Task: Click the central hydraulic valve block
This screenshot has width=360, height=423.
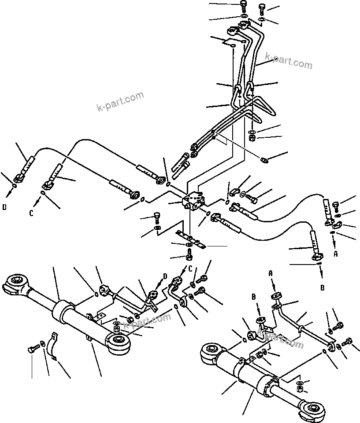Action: (194, 202)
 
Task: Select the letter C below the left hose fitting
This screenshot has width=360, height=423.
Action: (31, 213)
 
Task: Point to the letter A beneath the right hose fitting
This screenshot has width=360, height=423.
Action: (336, 254)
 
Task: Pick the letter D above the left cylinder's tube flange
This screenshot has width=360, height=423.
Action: (165, 276)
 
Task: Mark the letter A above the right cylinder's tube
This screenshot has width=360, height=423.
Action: (271, 274)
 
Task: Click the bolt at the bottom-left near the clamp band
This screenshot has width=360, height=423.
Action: (33, 349)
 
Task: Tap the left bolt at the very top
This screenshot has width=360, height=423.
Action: (244, 7)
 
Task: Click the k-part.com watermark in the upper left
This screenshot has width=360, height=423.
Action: (120, 102)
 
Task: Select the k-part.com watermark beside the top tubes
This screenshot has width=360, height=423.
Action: (288, 62)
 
